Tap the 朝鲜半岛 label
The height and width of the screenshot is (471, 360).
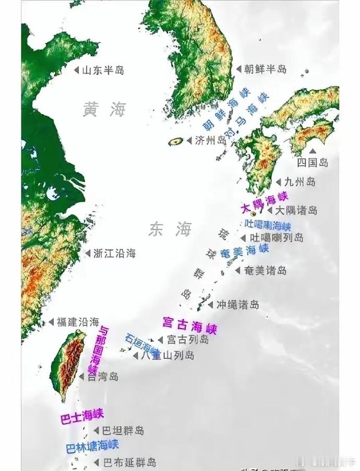pos(265,68)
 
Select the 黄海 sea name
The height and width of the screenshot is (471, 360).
pos(104,109)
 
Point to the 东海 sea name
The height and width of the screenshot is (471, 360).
pos(170,229)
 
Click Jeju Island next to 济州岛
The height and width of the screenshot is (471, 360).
pos(175,141)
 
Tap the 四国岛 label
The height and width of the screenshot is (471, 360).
pos(313,162)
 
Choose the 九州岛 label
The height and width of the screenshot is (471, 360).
pos(300,182)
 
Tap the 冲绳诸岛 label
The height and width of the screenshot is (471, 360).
pos(237,304)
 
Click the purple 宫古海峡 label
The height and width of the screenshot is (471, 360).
pos(189,324)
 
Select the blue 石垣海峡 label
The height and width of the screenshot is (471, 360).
pos(142,342)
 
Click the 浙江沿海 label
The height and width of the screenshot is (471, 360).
pos(114,253)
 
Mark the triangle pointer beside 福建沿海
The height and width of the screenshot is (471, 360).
pos(51,322)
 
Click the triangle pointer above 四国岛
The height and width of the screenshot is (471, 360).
pos(313,150)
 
